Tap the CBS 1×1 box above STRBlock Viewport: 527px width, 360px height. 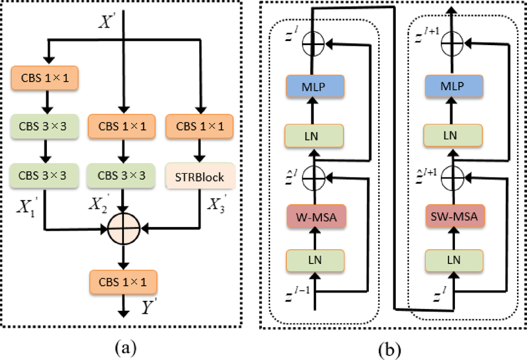tap(200, 125)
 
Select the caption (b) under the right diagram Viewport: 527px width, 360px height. tap(388, 349)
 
